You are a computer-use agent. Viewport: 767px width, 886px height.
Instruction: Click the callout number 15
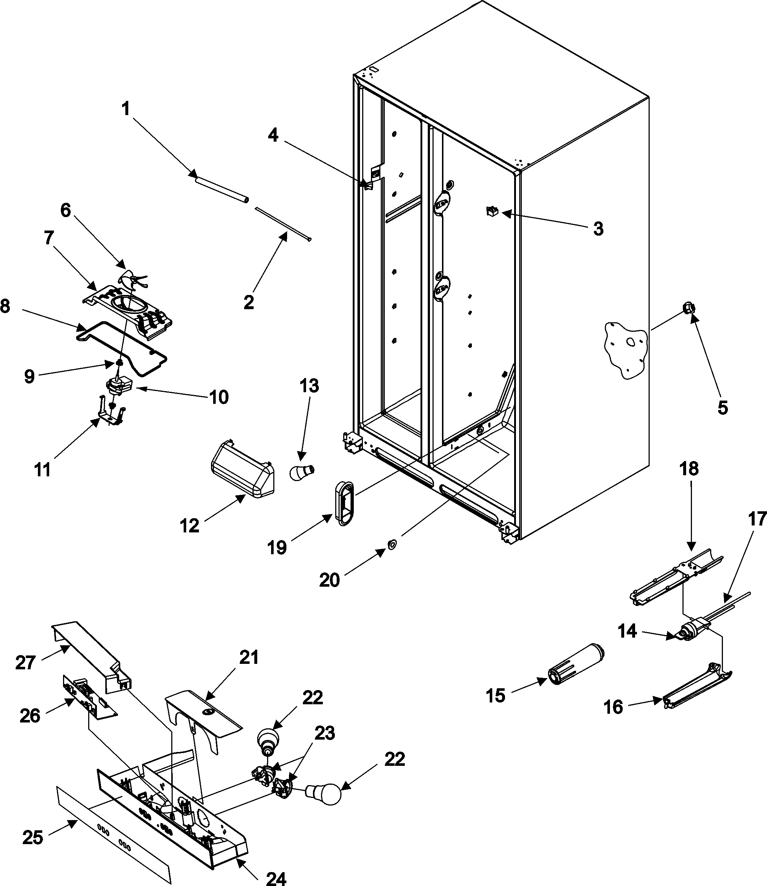pyautogui.click(x=495, y=696)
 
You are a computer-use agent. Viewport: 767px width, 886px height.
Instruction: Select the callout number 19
pyautogui.click(x=277, y=548)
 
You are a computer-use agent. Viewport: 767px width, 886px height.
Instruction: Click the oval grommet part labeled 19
pyautogui.click(x=345, y=502)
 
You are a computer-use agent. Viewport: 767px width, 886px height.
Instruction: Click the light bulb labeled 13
pyautogui.click(x=302, y=472)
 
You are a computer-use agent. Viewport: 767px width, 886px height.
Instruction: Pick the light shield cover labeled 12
pyautogui.click(x=243, y=470)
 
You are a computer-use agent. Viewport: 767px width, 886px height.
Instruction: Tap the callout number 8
pyautogui.click(x=5, y=306)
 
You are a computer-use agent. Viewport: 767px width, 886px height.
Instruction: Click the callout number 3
pyautogui.click(x=598, y=229)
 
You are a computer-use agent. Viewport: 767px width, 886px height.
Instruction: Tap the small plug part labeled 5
pyautogui.click(x=688, y=308)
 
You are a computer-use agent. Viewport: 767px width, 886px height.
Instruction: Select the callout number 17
pyautogui.click(x=757, y=519)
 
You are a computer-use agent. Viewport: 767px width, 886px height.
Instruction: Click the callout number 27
pyautogui.click(x=25, y=663)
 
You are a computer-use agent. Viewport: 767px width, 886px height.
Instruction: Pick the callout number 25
pyautogui.click(x=32, y=838)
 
